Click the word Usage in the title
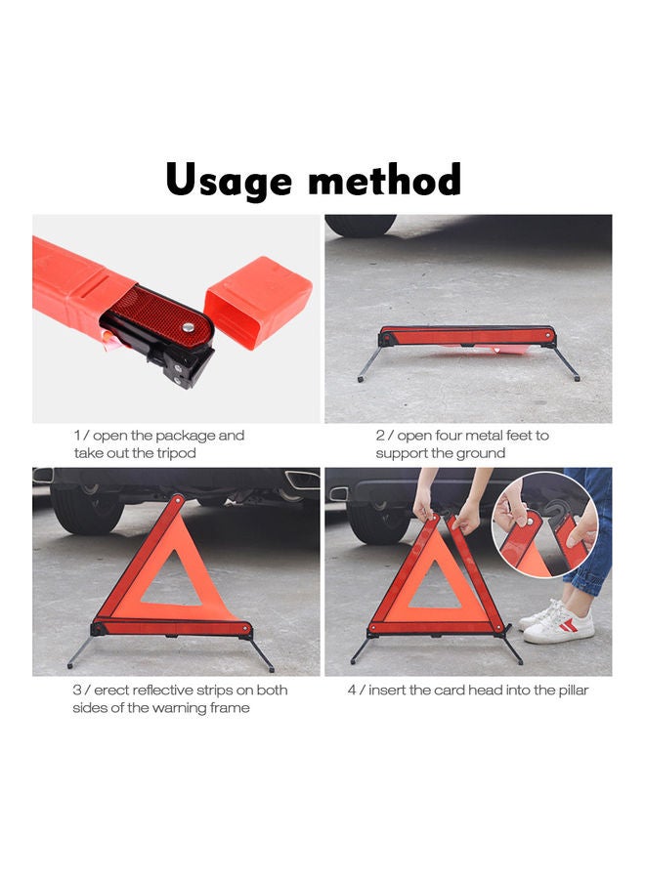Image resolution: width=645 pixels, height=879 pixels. (x=229, y=181)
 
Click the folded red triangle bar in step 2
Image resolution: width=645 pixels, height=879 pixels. (x=467, y=336)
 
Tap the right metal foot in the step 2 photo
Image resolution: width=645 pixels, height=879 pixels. (x=567, y=363)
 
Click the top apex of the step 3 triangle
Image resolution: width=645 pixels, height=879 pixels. (x=176, y=499)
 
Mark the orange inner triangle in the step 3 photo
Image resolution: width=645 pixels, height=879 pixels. (x=173, y=582)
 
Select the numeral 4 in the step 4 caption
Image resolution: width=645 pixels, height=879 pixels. (x=352, y=690)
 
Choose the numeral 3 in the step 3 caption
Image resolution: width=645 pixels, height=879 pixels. (x=77, y=690)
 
